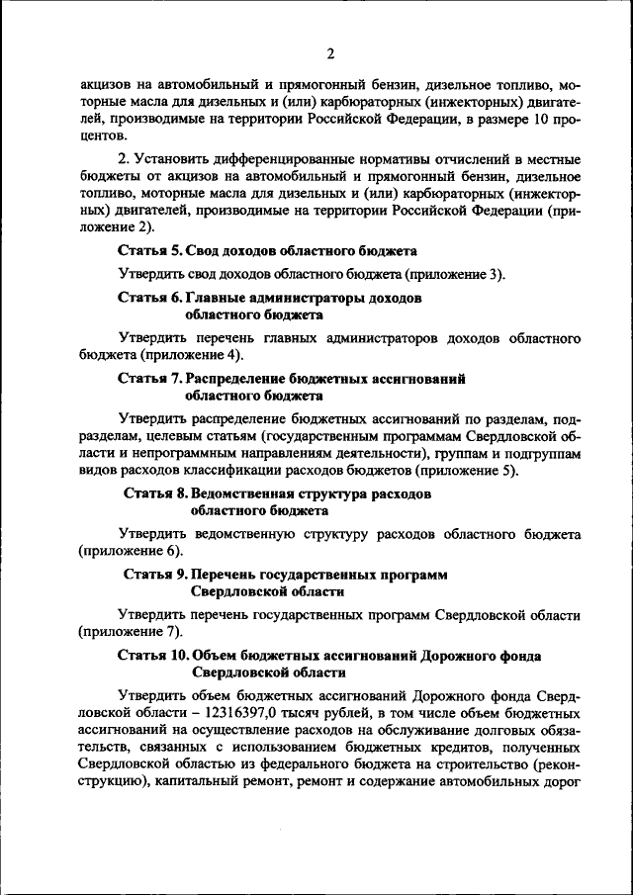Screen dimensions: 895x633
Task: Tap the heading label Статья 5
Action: (x=149, y=251)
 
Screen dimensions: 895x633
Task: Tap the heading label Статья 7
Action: (x=149, y=379)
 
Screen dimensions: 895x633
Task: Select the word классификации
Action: (x=248, y=471)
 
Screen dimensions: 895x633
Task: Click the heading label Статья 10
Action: (x=153, y=655)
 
